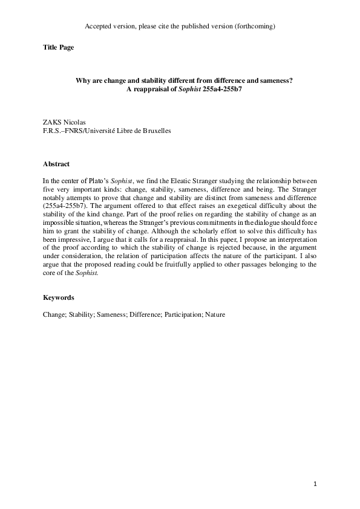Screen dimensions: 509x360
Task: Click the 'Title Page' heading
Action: [x=58, y=47]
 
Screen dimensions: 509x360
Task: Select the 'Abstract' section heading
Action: [x=56, y=164]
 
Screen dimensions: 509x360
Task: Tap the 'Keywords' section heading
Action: [x=59, y=298]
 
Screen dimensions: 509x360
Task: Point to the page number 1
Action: [x=315, y=484]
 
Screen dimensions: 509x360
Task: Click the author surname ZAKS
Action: [x=53, y=122]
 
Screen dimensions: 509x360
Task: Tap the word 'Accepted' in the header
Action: [x=98, y=27]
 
